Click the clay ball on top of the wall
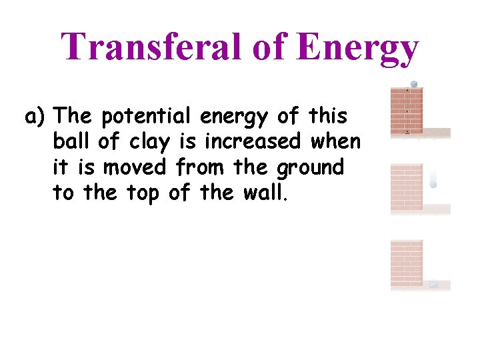click(413, 85)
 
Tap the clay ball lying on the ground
click(433, 285)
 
